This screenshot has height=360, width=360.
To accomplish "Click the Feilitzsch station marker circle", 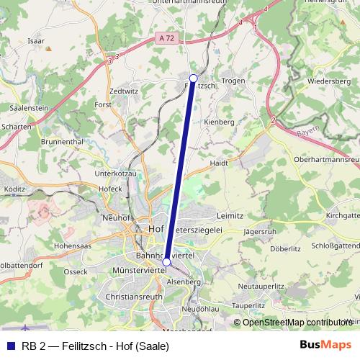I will pyautogui.click(x=193, y=78).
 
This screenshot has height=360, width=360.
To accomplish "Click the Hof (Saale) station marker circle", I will pyautogui.click(x=166, y=262).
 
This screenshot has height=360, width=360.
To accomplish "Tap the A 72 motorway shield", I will pyautogui.click(x=167, y=37).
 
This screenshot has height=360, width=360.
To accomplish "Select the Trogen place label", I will pyautogui.click(x=235, y=81).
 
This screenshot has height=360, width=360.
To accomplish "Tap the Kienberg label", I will pyautogui.click(x=220, y=122).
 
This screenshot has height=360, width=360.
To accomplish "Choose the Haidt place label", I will pyautogui.click(x=219, y=163).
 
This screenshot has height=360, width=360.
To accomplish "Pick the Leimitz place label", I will pyautogui.click(x=230, y=215).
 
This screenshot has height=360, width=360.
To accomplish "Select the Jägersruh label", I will pyautogui.click(x=260, y=232).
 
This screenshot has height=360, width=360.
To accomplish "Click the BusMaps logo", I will pyautogui.click(x=325, y=345).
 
